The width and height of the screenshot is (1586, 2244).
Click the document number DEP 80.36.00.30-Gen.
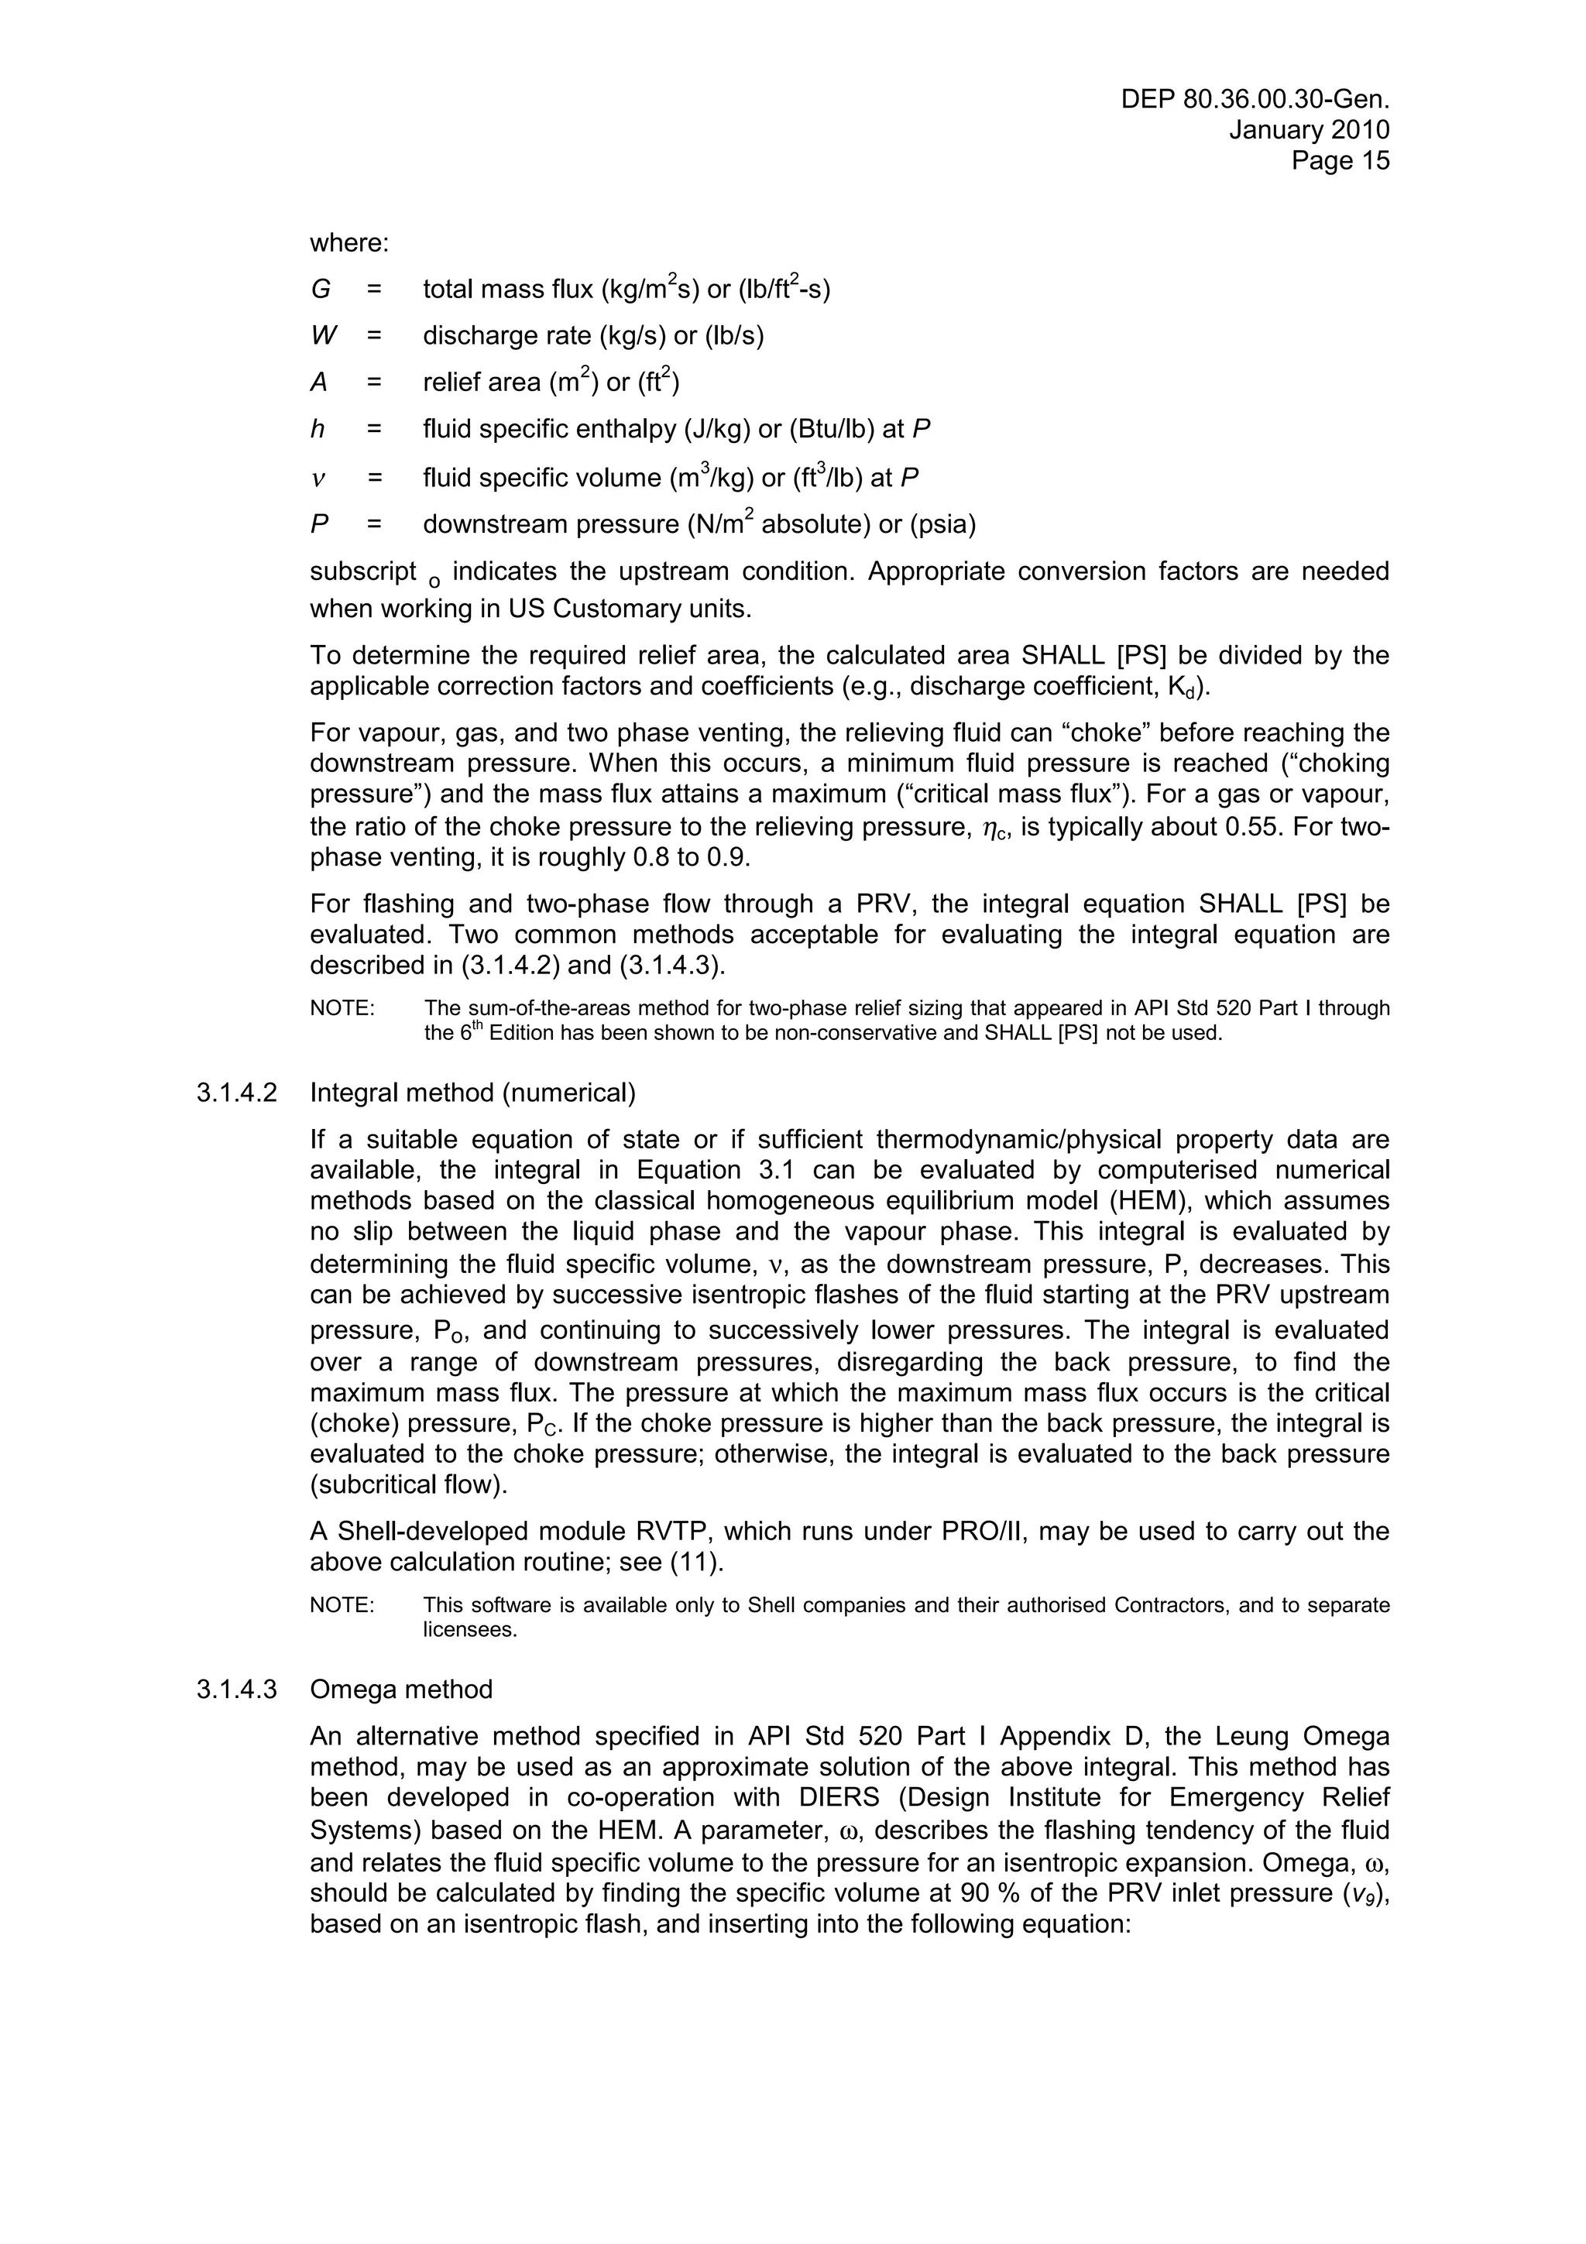click(x=1255, y=100)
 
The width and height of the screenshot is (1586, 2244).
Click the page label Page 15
click(x=1340, y=160)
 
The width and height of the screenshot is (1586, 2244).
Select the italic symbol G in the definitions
click(x=321, y=290)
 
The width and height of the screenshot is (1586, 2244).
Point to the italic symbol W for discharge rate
click(x=324, y=336)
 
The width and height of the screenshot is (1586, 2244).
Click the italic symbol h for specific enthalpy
click(x=318, y=429)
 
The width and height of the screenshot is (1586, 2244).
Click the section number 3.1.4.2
click(x=236, y=1093)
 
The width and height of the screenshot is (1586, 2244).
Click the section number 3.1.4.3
click(x=236, y=1690)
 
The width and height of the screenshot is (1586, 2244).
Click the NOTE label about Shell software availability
click(x=342, y=1605)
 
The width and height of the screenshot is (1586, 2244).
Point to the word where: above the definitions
click(x=348, y=242)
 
